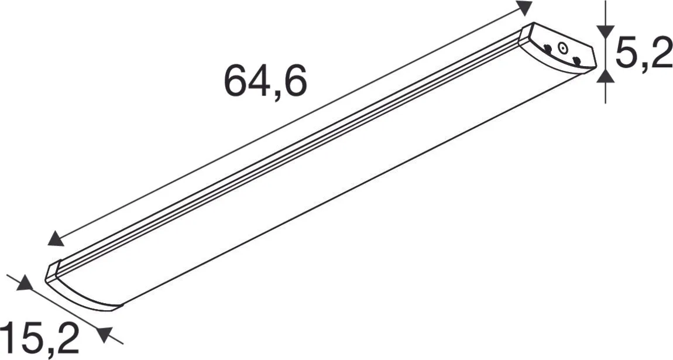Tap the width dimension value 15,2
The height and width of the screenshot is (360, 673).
point(39,340)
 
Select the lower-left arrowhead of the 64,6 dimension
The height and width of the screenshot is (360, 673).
point(56,238)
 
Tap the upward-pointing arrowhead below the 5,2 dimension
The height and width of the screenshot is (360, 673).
point(606,75)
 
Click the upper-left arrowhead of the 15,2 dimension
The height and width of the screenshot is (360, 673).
point(24,284)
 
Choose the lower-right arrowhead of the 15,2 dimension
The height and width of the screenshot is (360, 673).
point(104,334)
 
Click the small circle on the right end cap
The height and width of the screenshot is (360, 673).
point(562,50)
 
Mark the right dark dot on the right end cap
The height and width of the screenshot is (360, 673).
point(576,60)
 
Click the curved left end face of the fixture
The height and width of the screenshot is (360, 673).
point(82,293)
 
